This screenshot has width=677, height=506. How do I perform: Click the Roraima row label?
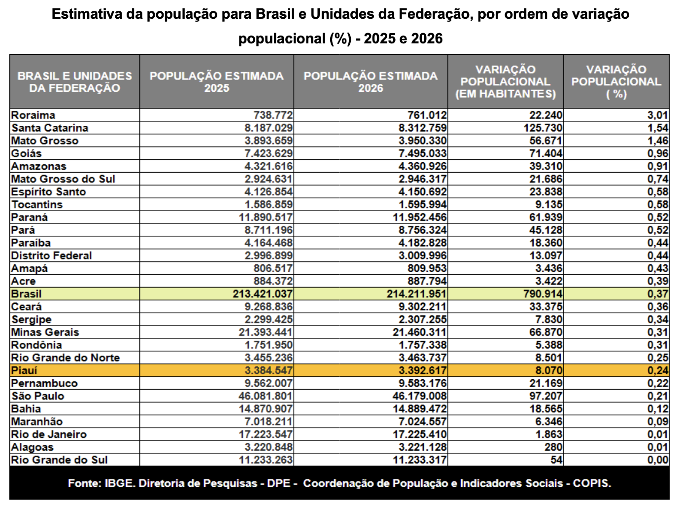[x=33, y=115]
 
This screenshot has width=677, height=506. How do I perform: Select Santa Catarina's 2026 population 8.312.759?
[x=422, y=128]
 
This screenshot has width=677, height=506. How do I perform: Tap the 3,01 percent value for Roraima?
[x=658, y=115]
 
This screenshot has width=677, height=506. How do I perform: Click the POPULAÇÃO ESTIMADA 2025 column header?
[x=216, y=82]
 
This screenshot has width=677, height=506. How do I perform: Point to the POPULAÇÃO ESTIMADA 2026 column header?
[x=371, y=82]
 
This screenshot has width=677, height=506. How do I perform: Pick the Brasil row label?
[x=26, y=293]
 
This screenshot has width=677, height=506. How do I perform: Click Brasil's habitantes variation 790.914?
[x=543, y=293]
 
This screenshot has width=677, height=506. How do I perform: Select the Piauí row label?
[x=24, y=370]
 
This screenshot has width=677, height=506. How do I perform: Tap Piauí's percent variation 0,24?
[x=658, y=370]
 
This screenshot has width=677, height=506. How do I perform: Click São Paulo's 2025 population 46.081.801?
[x=265, y=396]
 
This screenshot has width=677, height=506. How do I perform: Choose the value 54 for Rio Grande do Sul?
[x=556, y=460]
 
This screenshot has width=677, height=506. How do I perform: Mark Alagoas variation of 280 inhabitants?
[x=554, y=447]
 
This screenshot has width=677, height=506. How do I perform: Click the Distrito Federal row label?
[x=52, y=255]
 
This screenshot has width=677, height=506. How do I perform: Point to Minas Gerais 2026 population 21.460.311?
[x=419, y=332]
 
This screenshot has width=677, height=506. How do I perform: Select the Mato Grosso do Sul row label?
[x=63, y=179]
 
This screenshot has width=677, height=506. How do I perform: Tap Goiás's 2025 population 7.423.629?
[x=269, y=153]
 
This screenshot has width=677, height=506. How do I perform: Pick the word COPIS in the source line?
[x=592, y=483]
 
